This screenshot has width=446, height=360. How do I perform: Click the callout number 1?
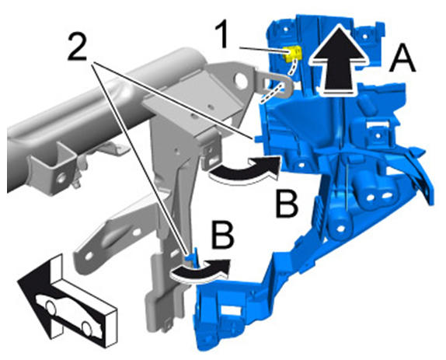pyautogui.click(x=224, y=35)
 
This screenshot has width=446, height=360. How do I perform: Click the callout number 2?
pyautogui.click(x=78, y=46)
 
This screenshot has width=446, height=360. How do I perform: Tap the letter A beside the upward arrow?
pyautogui.click(x=402, y=61)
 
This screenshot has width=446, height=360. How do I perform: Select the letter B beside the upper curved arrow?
pyautogui.click(x=287, y=204)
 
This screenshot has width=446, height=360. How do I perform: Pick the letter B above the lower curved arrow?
pyautogui.click(x=223, y=236)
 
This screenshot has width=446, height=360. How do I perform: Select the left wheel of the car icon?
pyautogui.click(x=51, y=308)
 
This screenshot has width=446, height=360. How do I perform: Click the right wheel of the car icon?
pyautogui.click(x=87, y=328)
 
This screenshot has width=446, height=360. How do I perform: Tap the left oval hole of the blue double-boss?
pyautogui.click(x=371, y=197)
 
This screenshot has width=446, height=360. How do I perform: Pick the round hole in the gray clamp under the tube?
pyautogui.click(x=61, y=179)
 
